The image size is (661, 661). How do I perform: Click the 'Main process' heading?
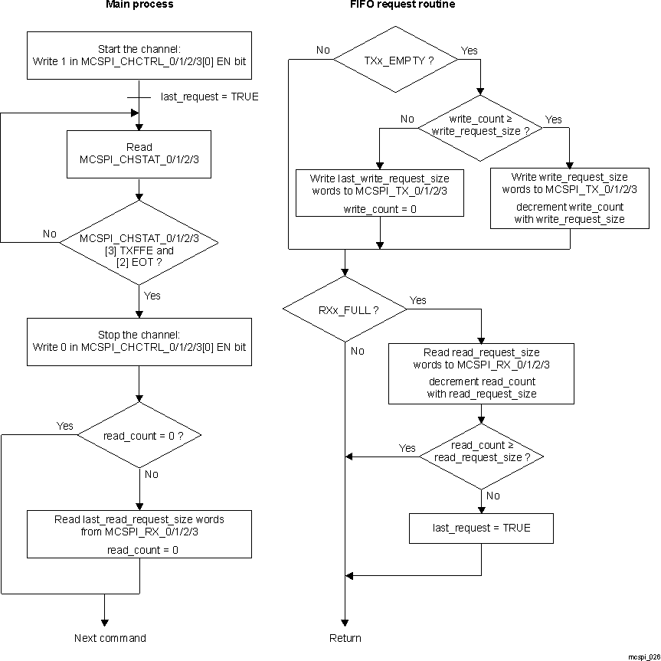pyautogui.click(x=139, y=5)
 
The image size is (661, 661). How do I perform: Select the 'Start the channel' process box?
pyautogui.click(x=139, y=55)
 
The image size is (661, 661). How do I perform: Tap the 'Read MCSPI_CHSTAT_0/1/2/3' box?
pyautogui.click(x=139, y=154)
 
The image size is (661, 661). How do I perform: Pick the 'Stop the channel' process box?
pyautogui.click(x=139, y=342)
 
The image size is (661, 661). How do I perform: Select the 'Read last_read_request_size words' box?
pyautogui.click(x=139, y=534)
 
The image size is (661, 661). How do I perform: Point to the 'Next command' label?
pyautogui.click(x=110, y=638)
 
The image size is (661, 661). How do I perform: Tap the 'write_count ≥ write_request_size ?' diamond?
pyautogui.click(x=479, y=126)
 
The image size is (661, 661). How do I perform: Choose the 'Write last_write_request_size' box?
pyautogui.click(x=379, y=192)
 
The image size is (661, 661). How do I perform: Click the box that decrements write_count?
pyautogui.click(x=568, y=198)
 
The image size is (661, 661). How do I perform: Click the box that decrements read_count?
pyautogui.click(x=481, y=373)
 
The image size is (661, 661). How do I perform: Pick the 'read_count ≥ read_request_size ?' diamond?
pyautogui.click(x=480, y=456)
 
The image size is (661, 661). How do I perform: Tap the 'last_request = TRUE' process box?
pyautogui.click(x=481, y=528)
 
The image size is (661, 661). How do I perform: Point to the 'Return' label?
pyautogui.click(x=345, y=638)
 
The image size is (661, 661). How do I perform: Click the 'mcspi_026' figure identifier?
pyautogui.click(x=643, y=656)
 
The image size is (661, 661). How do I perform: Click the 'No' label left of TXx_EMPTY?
pyautogui.click(x=322, y=51)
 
